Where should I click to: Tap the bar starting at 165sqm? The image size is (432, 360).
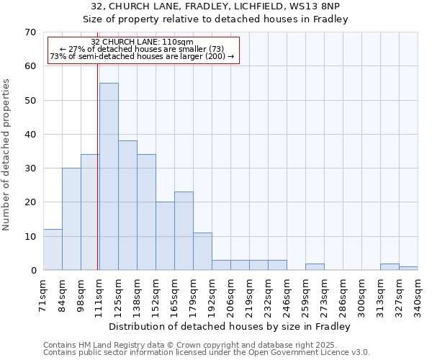point(184,231)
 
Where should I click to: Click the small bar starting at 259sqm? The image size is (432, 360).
point(315,267)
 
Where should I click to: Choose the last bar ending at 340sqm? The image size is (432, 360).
point(408,269)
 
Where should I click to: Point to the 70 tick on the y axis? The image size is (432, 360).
point(30,32)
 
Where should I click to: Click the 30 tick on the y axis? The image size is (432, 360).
point(30,168)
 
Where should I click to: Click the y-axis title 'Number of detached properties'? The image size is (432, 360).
point(7,154)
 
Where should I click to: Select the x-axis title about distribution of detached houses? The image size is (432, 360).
point(230,327)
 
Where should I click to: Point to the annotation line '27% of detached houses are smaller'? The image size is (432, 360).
point(143,49)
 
